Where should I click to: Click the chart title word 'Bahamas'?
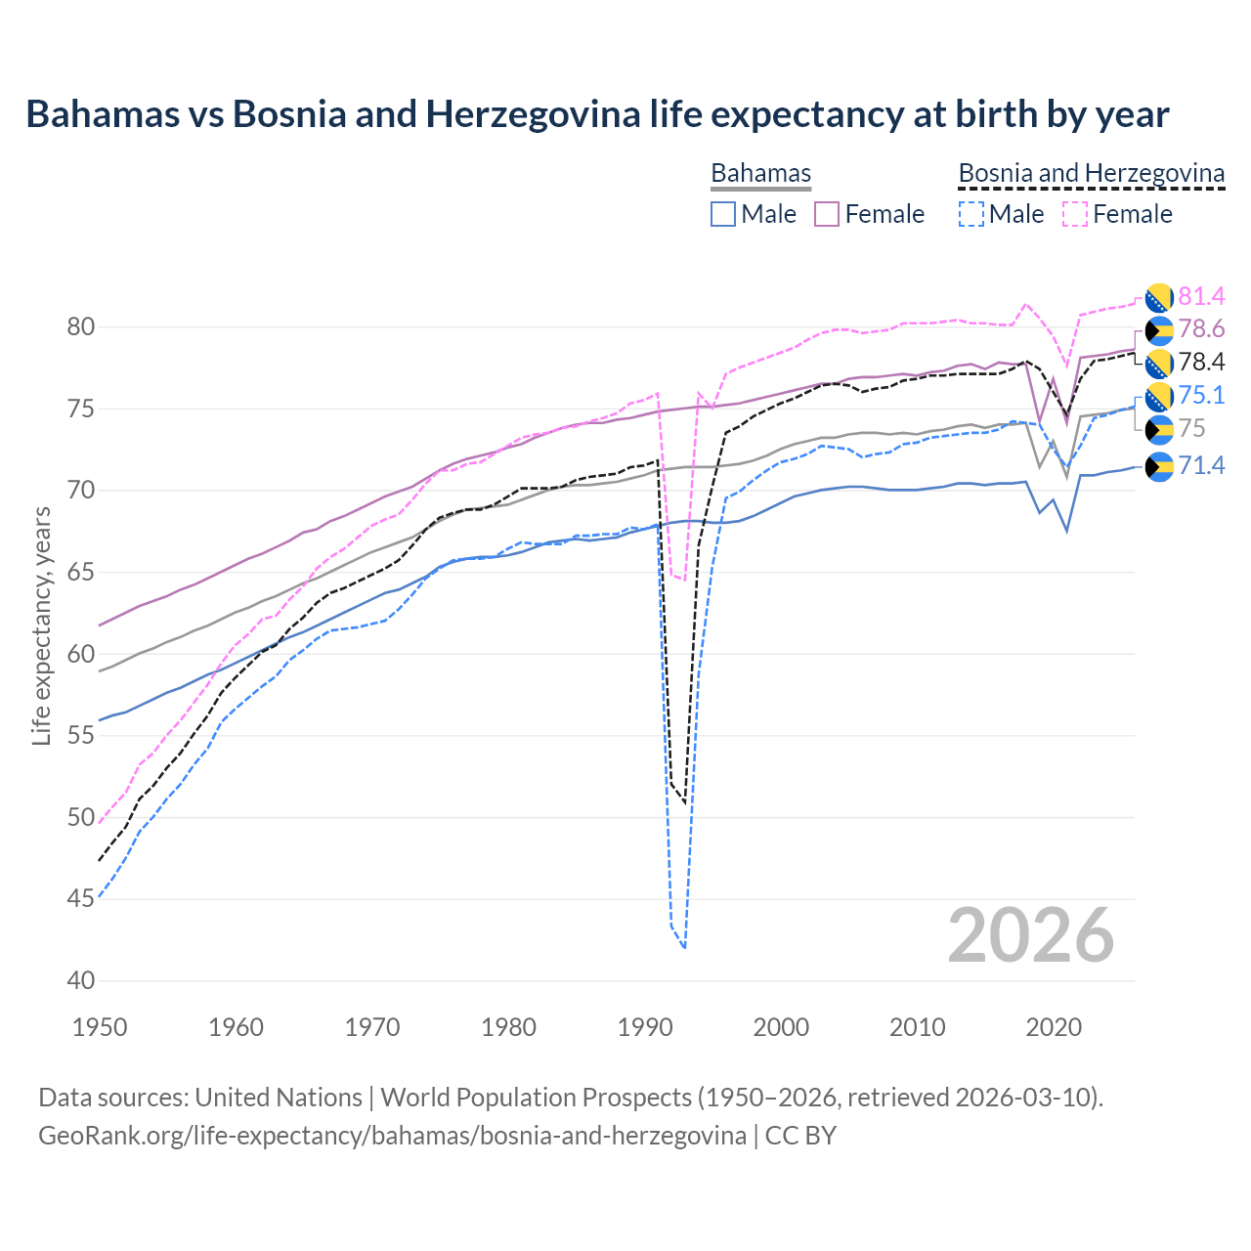coord(103,114)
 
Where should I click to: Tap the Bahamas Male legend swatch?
coord(723,214)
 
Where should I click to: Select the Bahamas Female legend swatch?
coord(827,214)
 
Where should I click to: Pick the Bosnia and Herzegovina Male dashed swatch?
coord(971,214)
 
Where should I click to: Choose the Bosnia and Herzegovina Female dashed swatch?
coord(1075,214)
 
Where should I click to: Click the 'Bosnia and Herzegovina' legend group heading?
coord(1091,173)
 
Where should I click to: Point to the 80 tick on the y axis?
coord(81,326)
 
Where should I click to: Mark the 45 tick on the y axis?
coord(81,898)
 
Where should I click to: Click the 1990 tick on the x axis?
coord(645,1027)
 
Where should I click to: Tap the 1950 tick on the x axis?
coord(100,1027)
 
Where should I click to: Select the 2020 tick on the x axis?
coord(1054,1027)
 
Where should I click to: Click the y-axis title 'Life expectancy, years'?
coord(41,625)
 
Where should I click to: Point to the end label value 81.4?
coord(1201,296)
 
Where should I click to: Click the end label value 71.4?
coord(1201,465)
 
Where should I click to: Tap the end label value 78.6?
coord(1201,328)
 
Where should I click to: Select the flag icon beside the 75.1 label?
coord(1159,396)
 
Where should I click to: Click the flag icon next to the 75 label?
coord(1159,429)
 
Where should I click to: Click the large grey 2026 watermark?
coord(1031,935)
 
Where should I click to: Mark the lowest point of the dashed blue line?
coord(684,948)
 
